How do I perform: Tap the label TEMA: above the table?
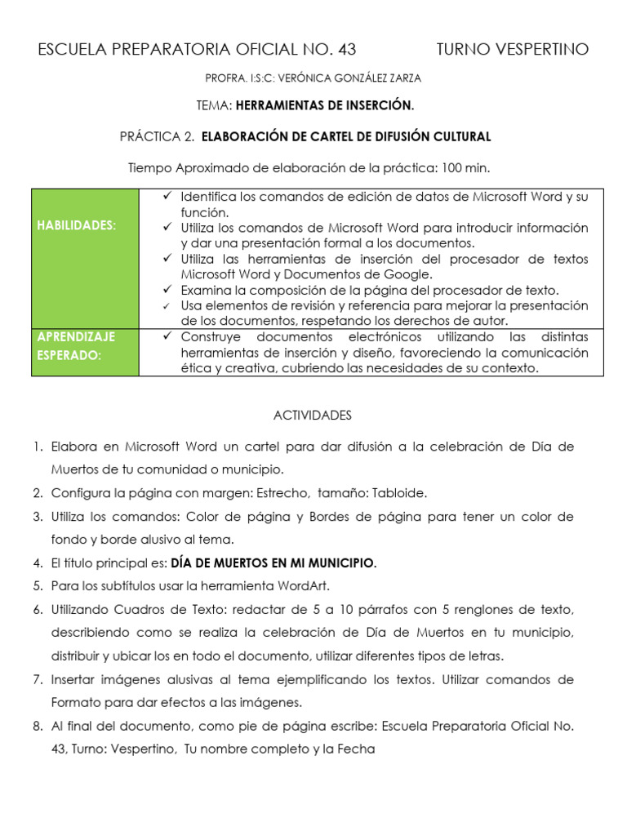tap(215, 106)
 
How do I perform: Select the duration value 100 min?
tap(465, 167)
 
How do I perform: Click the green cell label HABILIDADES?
tap(77, 225)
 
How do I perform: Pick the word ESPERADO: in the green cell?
tap(69, 355)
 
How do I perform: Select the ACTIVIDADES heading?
tap(313, 416)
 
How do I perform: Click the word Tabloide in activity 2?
tap(398, 493)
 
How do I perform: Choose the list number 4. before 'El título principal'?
tap(38, 563)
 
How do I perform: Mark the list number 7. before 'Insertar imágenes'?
tap(38, 679)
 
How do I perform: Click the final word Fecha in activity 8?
tap(357, 749)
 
